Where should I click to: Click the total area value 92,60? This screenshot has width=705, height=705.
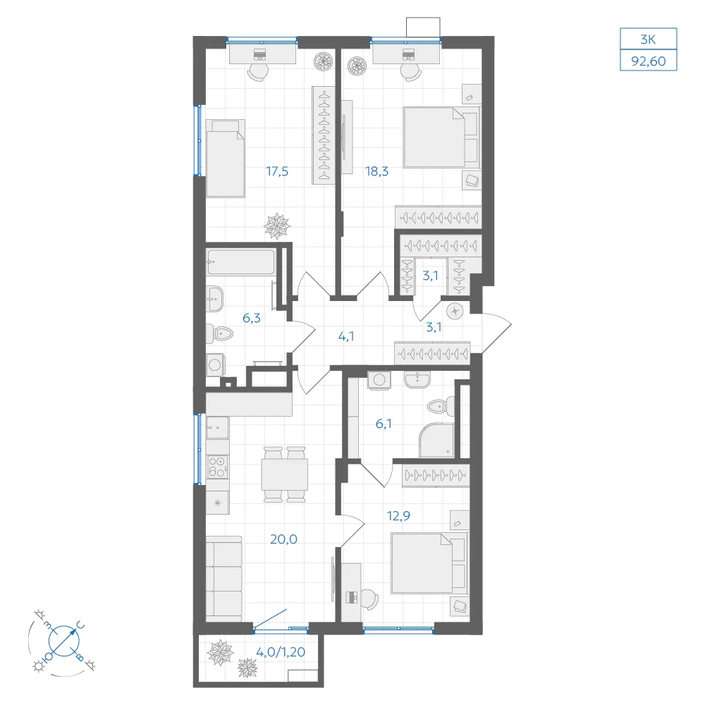649,61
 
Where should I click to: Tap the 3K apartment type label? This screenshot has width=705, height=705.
648,39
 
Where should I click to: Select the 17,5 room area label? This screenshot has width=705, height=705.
277,171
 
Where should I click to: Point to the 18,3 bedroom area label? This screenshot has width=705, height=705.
376,171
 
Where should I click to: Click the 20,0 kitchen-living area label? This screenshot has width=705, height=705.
283,539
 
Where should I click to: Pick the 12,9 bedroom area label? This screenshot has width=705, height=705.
398,516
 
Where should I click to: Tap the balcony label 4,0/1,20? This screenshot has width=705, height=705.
281,652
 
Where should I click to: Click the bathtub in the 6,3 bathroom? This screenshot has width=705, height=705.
240,262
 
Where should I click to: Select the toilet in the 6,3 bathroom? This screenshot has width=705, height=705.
220,334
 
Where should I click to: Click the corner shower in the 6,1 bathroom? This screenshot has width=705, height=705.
436,441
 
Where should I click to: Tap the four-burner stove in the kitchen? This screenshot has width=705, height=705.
218,467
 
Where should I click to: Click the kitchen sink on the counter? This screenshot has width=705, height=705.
218,428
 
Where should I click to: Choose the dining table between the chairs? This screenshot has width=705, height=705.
285,474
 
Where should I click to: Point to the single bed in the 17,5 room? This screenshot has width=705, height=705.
226,158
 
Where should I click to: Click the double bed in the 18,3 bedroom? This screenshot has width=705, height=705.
441,137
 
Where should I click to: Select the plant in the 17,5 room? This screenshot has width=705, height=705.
276,226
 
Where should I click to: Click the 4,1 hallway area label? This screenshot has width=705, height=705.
345,336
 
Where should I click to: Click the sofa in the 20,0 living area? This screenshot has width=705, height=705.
224,579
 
